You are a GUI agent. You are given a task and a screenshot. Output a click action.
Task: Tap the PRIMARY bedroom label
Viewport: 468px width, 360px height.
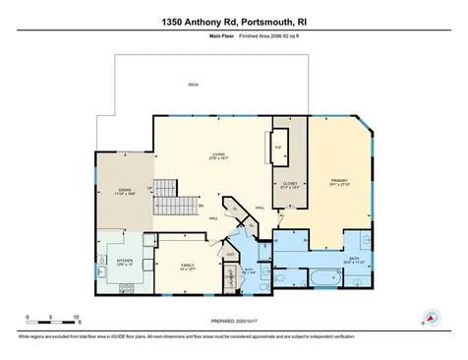click(x=340, y=182)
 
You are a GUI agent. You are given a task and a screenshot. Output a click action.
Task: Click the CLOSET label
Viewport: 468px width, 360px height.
click(x=289, y=183)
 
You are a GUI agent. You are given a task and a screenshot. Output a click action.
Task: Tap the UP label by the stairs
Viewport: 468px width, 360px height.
click(x=149, y=188)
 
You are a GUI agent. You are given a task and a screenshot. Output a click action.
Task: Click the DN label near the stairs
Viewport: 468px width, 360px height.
click(x=201, y=206)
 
